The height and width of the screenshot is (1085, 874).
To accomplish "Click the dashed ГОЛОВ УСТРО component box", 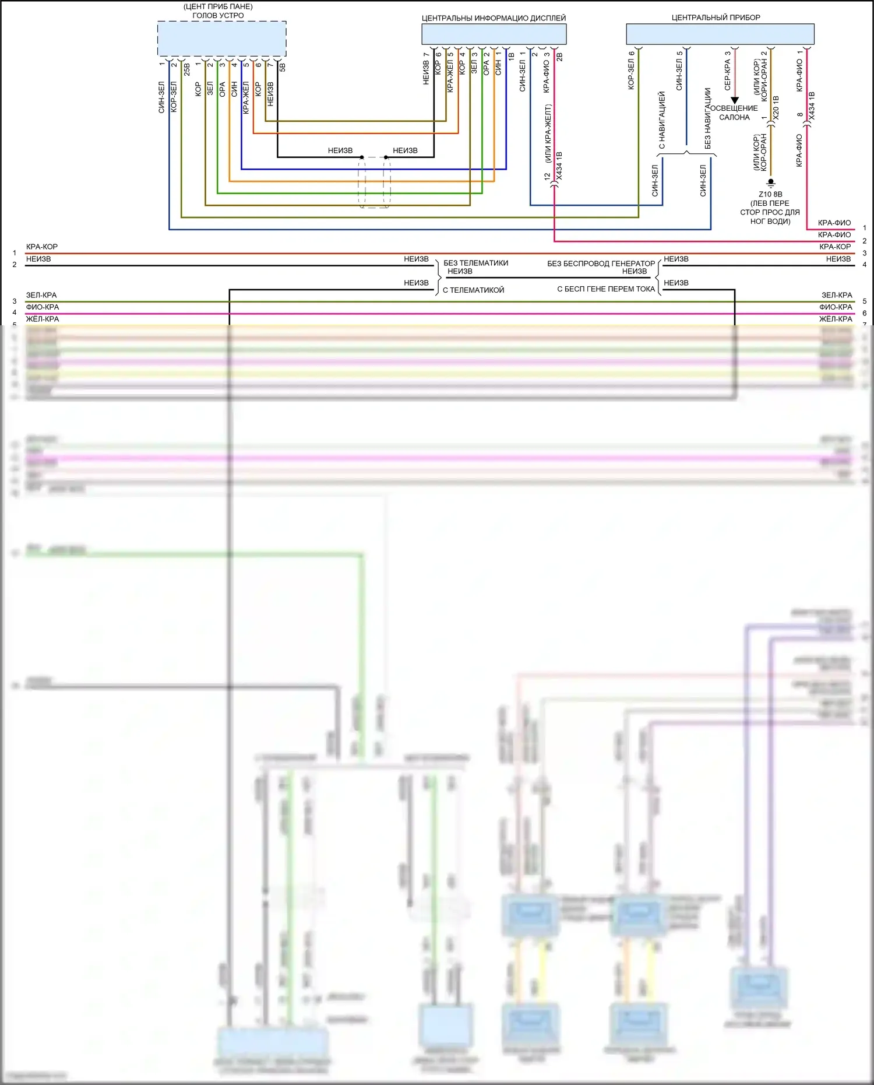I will pos(221,39).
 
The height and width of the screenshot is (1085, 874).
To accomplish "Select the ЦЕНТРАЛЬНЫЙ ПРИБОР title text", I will pos(716,17).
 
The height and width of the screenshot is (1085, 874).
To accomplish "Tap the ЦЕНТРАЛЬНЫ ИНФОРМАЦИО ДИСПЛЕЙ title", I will pos(494,18).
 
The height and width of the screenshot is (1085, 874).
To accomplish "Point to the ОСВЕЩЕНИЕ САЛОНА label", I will pos(734,113).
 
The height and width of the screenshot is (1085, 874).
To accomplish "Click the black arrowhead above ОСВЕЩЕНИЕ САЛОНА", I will pos(735,100).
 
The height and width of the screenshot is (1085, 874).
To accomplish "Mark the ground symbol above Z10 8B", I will pos(771,183).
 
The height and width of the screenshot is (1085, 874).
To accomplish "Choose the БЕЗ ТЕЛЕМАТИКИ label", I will pos(475,263).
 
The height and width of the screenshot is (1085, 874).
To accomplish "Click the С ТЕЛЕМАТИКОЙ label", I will pos(473,290).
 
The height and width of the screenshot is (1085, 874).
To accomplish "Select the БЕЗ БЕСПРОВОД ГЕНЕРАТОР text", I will pos(601,264).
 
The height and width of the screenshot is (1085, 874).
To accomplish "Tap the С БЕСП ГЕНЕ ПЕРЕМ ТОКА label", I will pos(606,289).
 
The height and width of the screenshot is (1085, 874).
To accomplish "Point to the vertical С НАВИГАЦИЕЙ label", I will pos(662,120).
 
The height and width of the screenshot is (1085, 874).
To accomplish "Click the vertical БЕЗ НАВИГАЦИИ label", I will pos(708,118).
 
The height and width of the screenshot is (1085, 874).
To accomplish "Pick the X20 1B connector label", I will pos(776,108).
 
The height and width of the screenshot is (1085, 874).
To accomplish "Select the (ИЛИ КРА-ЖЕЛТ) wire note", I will pos(548,134).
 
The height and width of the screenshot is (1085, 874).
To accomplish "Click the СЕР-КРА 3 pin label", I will pos(728,71).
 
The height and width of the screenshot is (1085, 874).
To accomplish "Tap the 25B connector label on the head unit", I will pos(187,69).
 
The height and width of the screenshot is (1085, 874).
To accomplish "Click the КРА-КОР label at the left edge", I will pos(42,247).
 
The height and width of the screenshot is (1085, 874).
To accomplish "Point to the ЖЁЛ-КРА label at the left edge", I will pos(43,319).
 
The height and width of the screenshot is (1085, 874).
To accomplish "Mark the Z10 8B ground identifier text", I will pos(770,194).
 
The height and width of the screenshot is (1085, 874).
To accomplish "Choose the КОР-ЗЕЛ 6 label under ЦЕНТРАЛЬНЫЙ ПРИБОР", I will pos(631,70).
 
